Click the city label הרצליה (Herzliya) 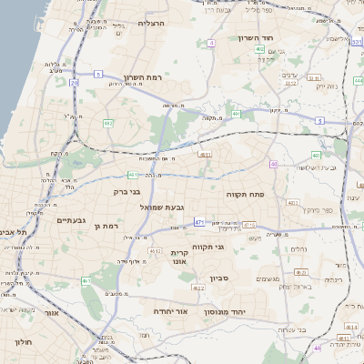coord(150,23)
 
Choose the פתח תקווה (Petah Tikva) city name coord(245,194)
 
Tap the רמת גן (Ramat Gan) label coord(106,225)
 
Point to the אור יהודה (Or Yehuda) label coord(170,310)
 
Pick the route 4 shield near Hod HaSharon coord(211,43)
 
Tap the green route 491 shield coord(236,114)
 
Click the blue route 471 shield coord(199,221)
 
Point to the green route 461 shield coord(86,281)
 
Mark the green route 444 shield coord(358,80)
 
